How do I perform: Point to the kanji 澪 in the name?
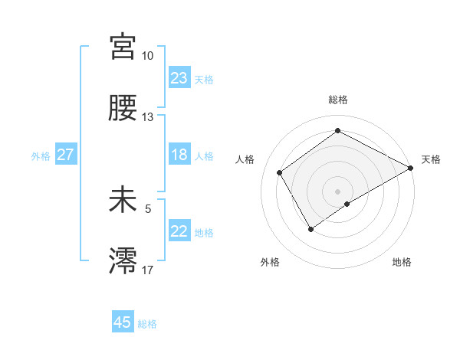pos(123,261)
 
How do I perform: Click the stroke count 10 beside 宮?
pos(147,56)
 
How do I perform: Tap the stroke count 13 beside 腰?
pos(147,117)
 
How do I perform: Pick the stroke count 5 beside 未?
pos(149,208)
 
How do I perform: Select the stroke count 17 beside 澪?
pos(147,270)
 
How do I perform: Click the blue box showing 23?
pos(179,78)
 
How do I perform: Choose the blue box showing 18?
pos(179,155)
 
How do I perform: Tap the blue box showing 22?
pos(179,231)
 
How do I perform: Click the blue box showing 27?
pos(65,155)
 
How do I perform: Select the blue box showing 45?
pos(123,322)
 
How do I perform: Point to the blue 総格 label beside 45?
pos(147,324)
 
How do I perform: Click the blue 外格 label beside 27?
pos(41,156)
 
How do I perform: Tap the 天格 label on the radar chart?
pos(431,159)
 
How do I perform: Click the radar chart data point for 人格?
pos(280,172)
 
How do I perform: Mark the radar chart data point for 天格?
pos(411,168)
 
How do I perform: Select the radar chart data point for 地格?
pos(347,204)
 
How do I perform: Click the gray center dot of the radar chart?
pos(337,191)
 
